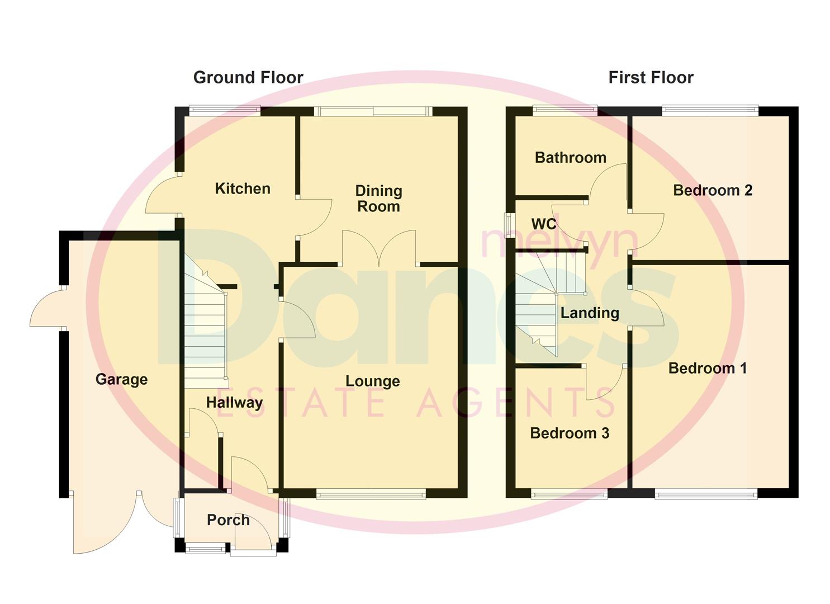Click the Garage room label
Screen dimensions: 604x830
click(121, 379)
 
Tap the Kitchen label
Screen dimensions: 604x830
click(243, 188)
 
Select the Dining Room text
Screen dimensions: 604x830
click(378, 199)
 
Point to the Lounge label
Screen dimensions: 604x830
click(372, 381)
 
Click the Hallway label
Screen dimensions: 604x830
click(234, 402)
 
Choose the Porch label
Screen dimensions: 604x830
click(228, 520)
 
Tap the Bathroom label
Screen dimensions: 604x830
click(570, 158)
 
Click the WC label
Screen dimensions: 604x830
click(543, 224)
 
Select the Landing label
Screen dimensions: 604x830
click(590, 313)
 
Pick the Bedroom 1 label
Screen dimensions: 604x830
click(707, 368)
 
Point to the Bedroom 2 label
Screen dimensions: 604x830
click(713, 190)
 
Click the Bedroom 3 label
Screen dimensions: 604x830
click(569, 433)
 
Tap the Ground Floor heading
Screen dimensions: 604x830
click(248, 77)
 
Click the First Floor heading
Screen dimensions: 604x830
click(651, 77)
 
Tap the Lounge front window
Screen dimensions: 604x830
click(371, 493)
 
